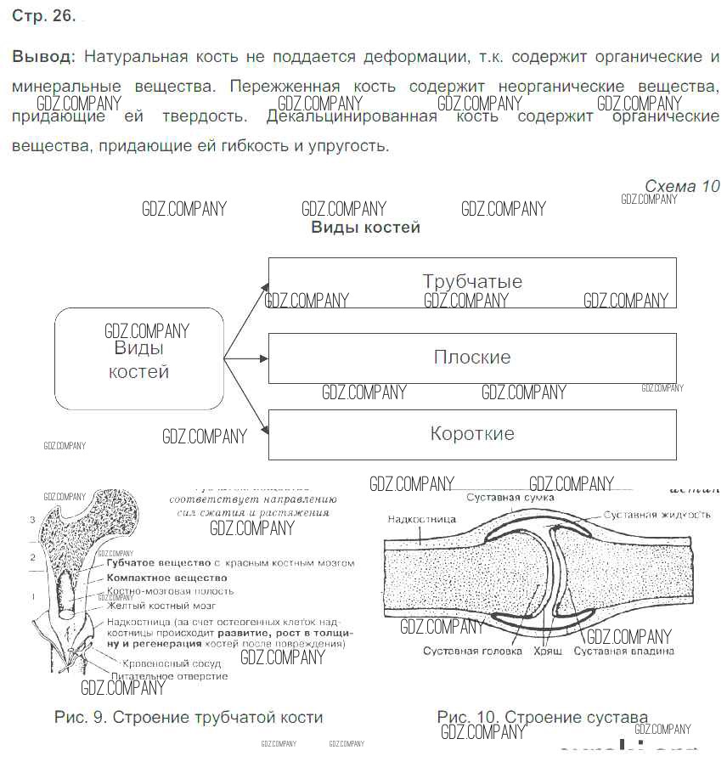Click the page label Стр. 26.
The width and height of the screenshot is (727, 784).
point(43,16)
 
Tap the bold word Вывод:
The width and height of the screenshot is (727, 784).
point(43,57)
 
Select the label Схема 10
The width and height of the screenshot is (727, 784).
point(681,186)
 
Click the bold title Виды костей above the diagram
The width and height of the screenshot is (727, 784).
point(365,228)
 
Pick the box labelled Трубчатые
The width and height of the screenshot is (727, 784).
point(472,282)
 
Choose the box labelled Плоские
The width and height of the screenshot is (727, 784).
point(472,358)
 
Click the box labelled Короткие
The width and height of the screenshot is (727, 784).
point(472,434)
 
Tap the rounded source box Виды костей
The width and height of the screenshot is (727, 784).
point(139,359)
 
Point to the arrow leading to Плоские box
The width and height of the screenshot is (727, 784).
point(246,358)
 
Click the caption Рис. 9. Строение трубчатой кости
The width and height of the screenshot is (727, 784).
point(188,717)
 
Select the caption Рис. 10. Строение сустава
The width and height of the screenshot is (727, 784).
point(542,717)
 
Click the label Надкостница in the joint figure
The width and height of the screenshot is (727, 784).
point(421,519)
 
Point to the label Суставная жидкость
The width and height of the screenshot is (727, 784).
point(657,515)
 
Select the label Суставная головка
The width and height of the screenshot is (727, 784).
point(464,651)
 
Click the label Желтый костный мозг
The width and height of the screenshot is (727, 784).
point(161,606)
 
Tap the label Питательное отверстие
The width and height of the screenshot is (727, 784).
point(169,676)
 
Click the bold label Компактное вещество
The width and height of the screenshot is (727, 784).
point(167,577)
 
